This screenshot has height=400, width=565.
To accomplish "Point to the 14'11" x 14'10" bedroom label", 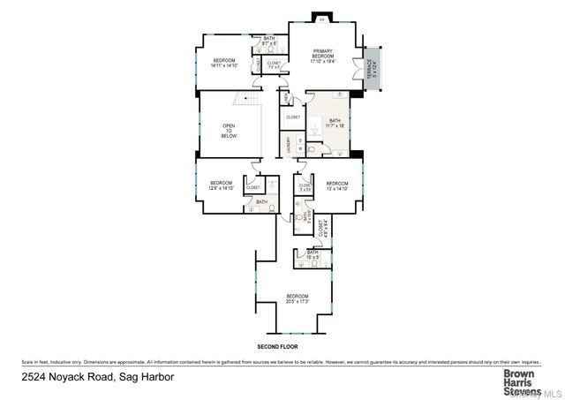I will click(x=225, y=63).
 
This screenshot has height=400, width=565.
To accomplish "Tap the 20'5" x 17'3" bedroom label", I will click(x=298, y=298).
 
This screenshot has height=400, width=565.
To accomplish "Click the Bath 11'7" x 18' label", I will click(x=335, y=123).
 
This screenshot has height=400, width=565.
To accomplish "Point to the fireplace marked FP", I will click(x=321, y=19).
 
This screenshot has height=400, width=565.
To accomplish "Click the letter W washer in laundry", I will click(x=300, y=151).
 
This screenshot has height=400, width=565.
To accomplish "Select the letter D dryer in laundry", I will click(x=300, y=140).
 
